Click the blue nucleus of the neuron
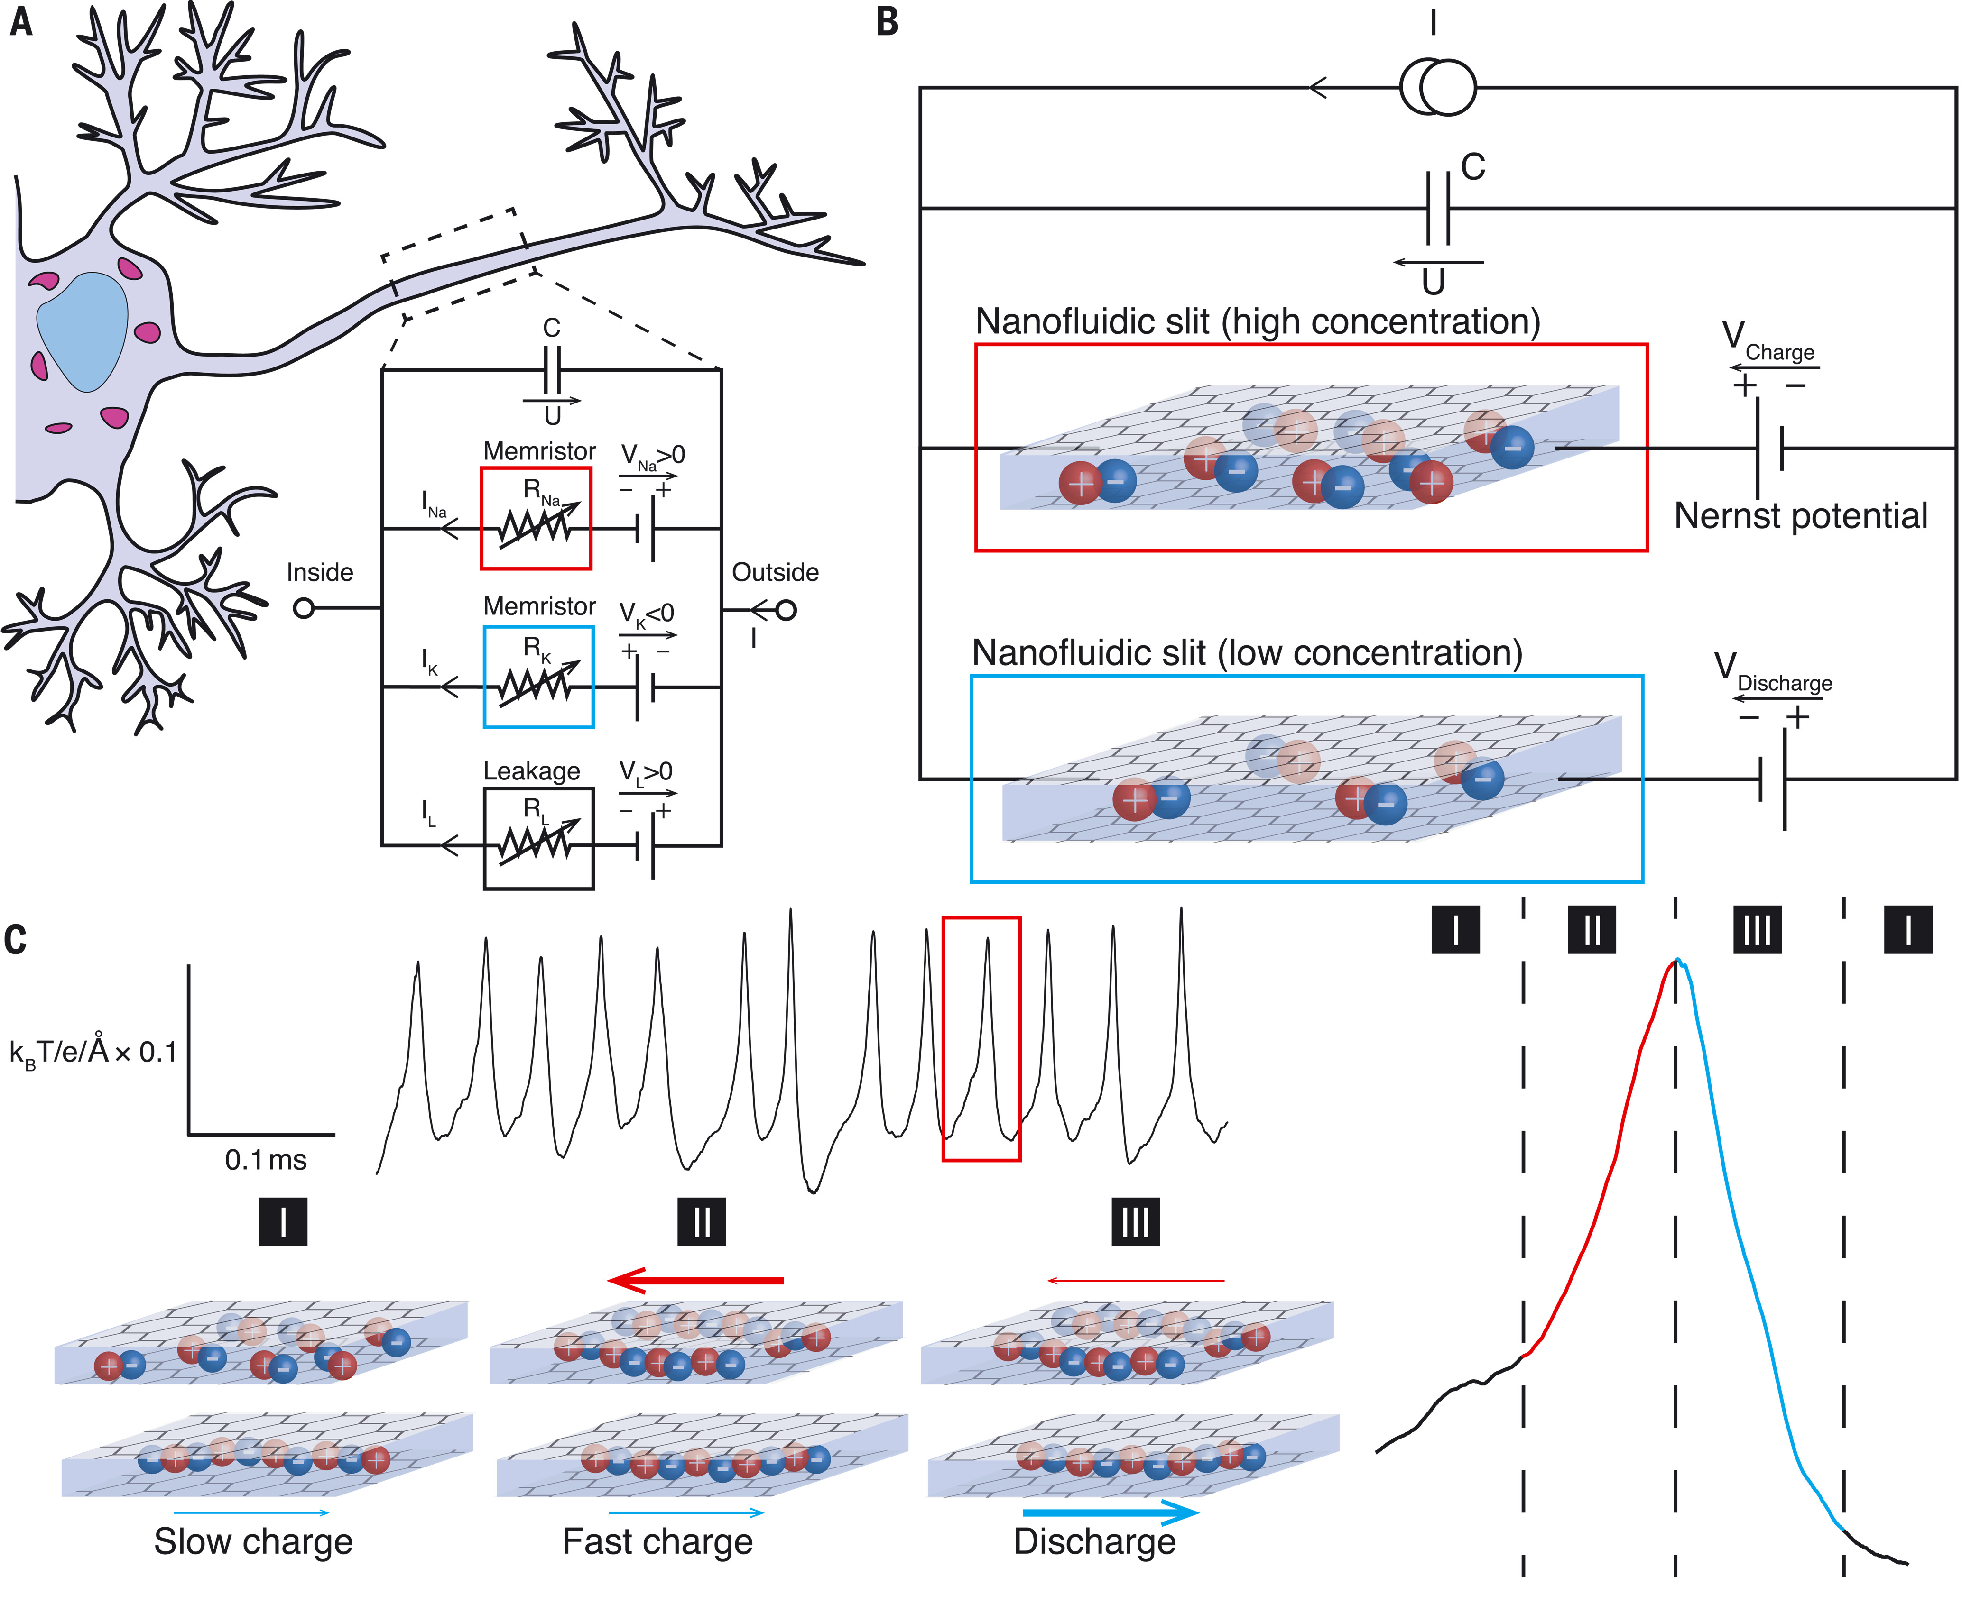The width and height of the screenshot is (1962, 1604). pyautogui.click(x=81, y=331)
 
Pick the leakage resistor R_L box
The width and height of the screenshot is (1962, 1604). pyautogui.click(x=538, y=838)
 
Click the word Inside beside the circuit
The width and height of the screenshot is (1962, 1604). pyautogui.click(x=320, y=573)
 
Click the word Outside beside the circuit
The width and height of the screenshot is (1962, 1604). pyautogui.click(x=776, y=573)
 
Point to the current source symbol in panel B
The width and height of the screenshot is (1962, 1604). pyautogui.click(x=1438, y=88)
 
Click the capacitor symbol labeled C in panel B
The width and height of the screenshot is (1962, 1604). pyautogui.click(x=1438, y=209)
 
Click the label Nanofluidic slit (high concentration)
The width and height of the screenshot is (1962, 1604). pyautogui.click(x=1258, y=321)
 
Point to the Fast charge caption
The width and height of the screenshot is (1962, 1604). pyautogui.click(x=658, y=1541)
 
